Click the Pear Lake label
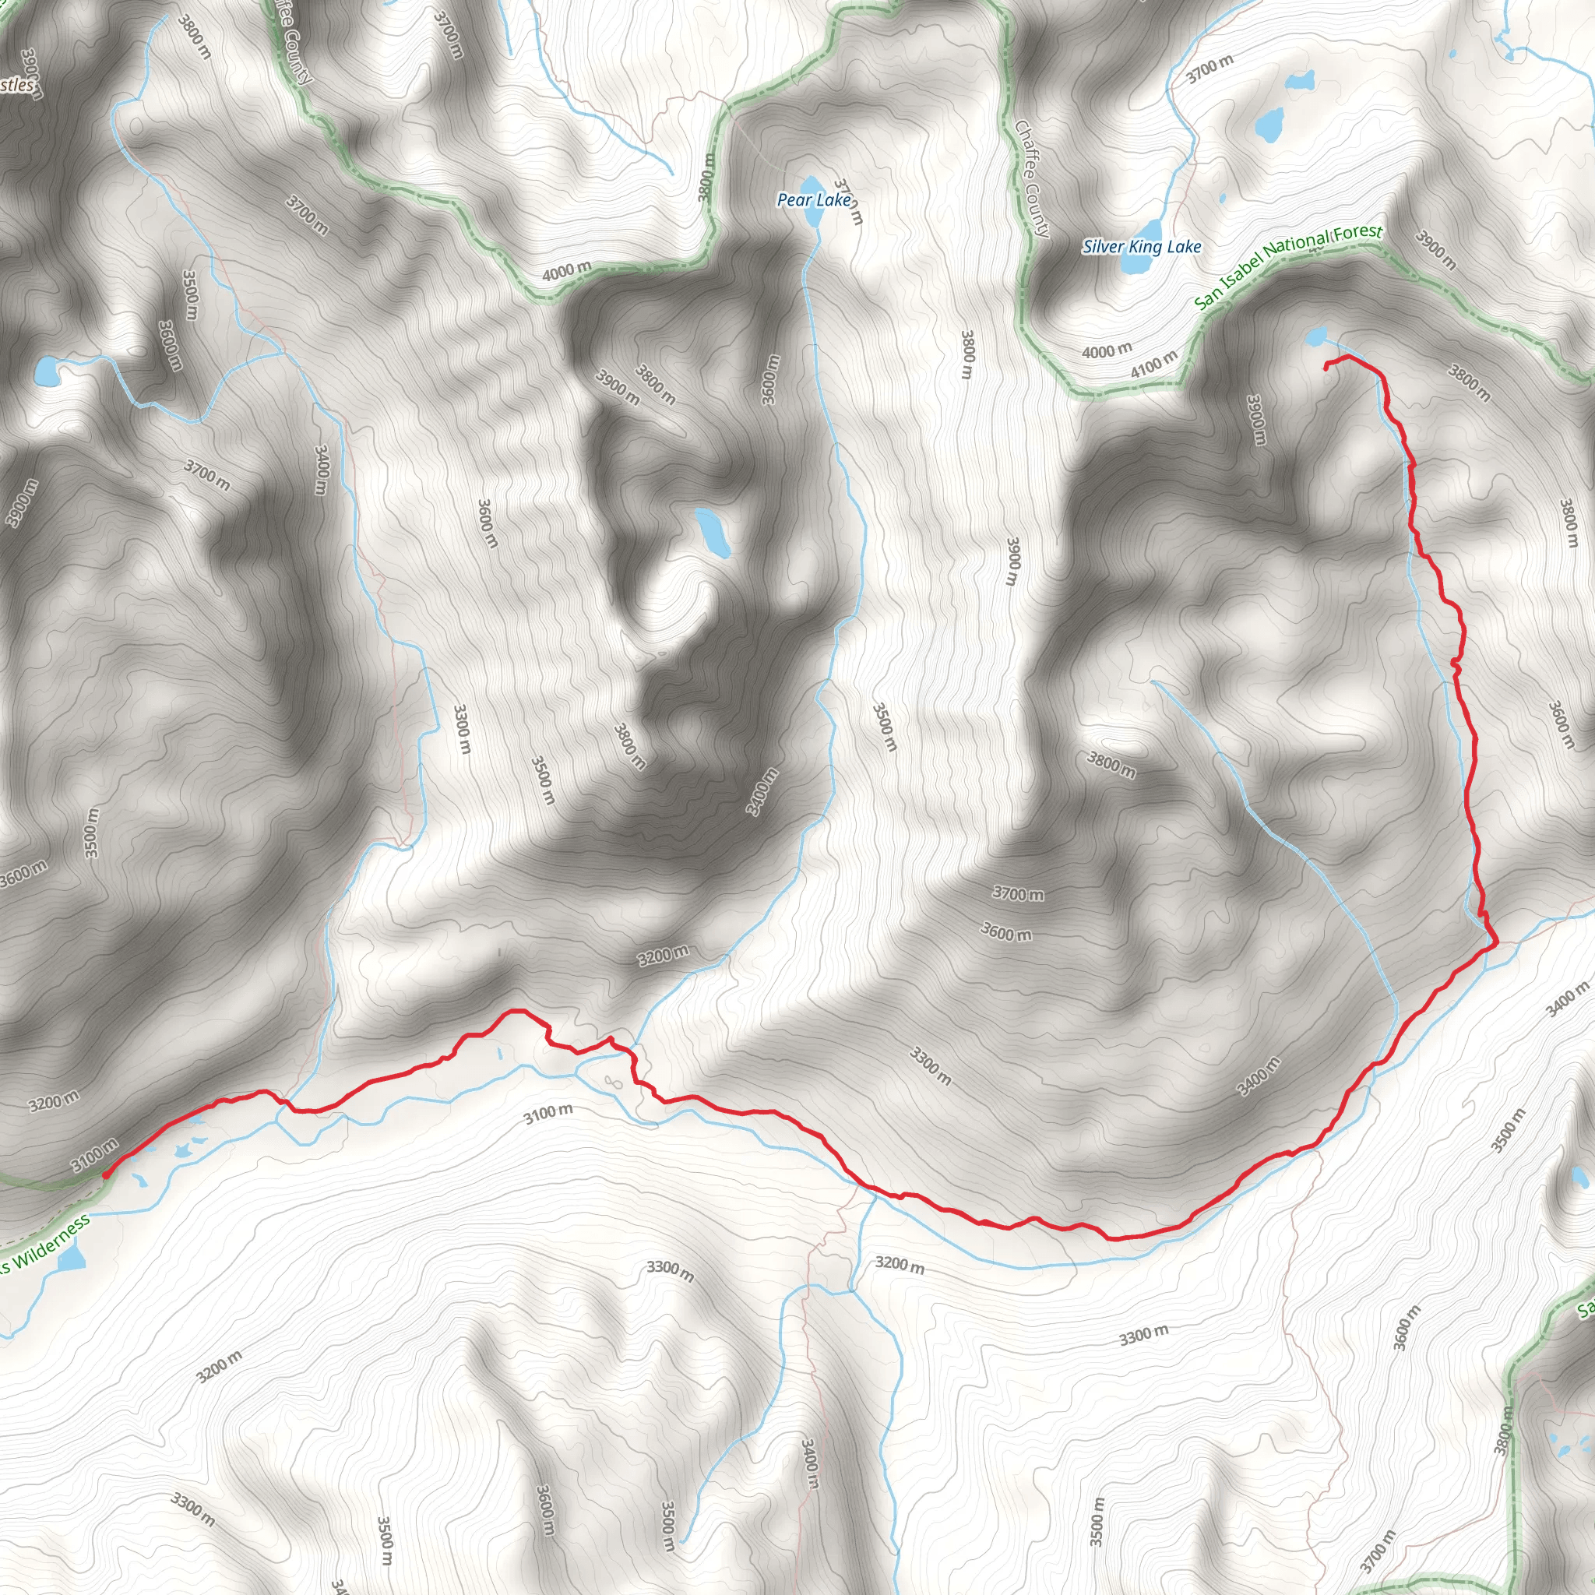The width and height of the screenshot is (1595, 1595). [813, 200]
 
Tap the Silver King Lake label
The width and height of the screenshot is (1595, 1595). [1142, 246]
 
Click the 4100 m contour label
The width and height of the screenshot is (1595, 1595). [1153, 363]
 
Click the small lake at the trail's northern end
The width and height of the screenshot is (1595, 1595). [1317, 336]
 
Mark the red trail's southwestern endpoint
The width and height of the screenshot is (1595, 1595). [106, 1173]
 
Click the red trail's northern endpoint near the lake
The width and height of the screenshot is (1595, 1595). [1326, 368]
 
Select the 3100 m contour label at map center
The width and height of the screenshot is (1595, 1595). [548, 1114]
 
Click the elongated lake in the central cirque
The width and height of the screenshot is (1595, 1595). [712, 533]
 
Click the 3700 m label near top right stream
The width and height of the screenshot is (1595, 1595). [1210, 69]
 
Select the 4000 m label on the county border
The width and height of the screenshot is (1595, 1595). [566, 270]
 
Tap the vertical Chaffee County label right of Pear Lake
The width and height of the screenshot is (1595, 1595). [1031, 178]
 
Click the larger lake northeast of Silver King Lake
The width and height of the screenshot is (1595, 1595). [1268, 124]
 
